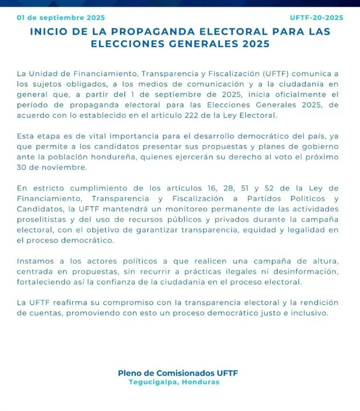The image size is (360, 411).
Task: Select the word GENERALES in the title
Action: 195,44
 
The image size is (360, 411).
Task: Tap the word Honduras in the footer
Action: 204,382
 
